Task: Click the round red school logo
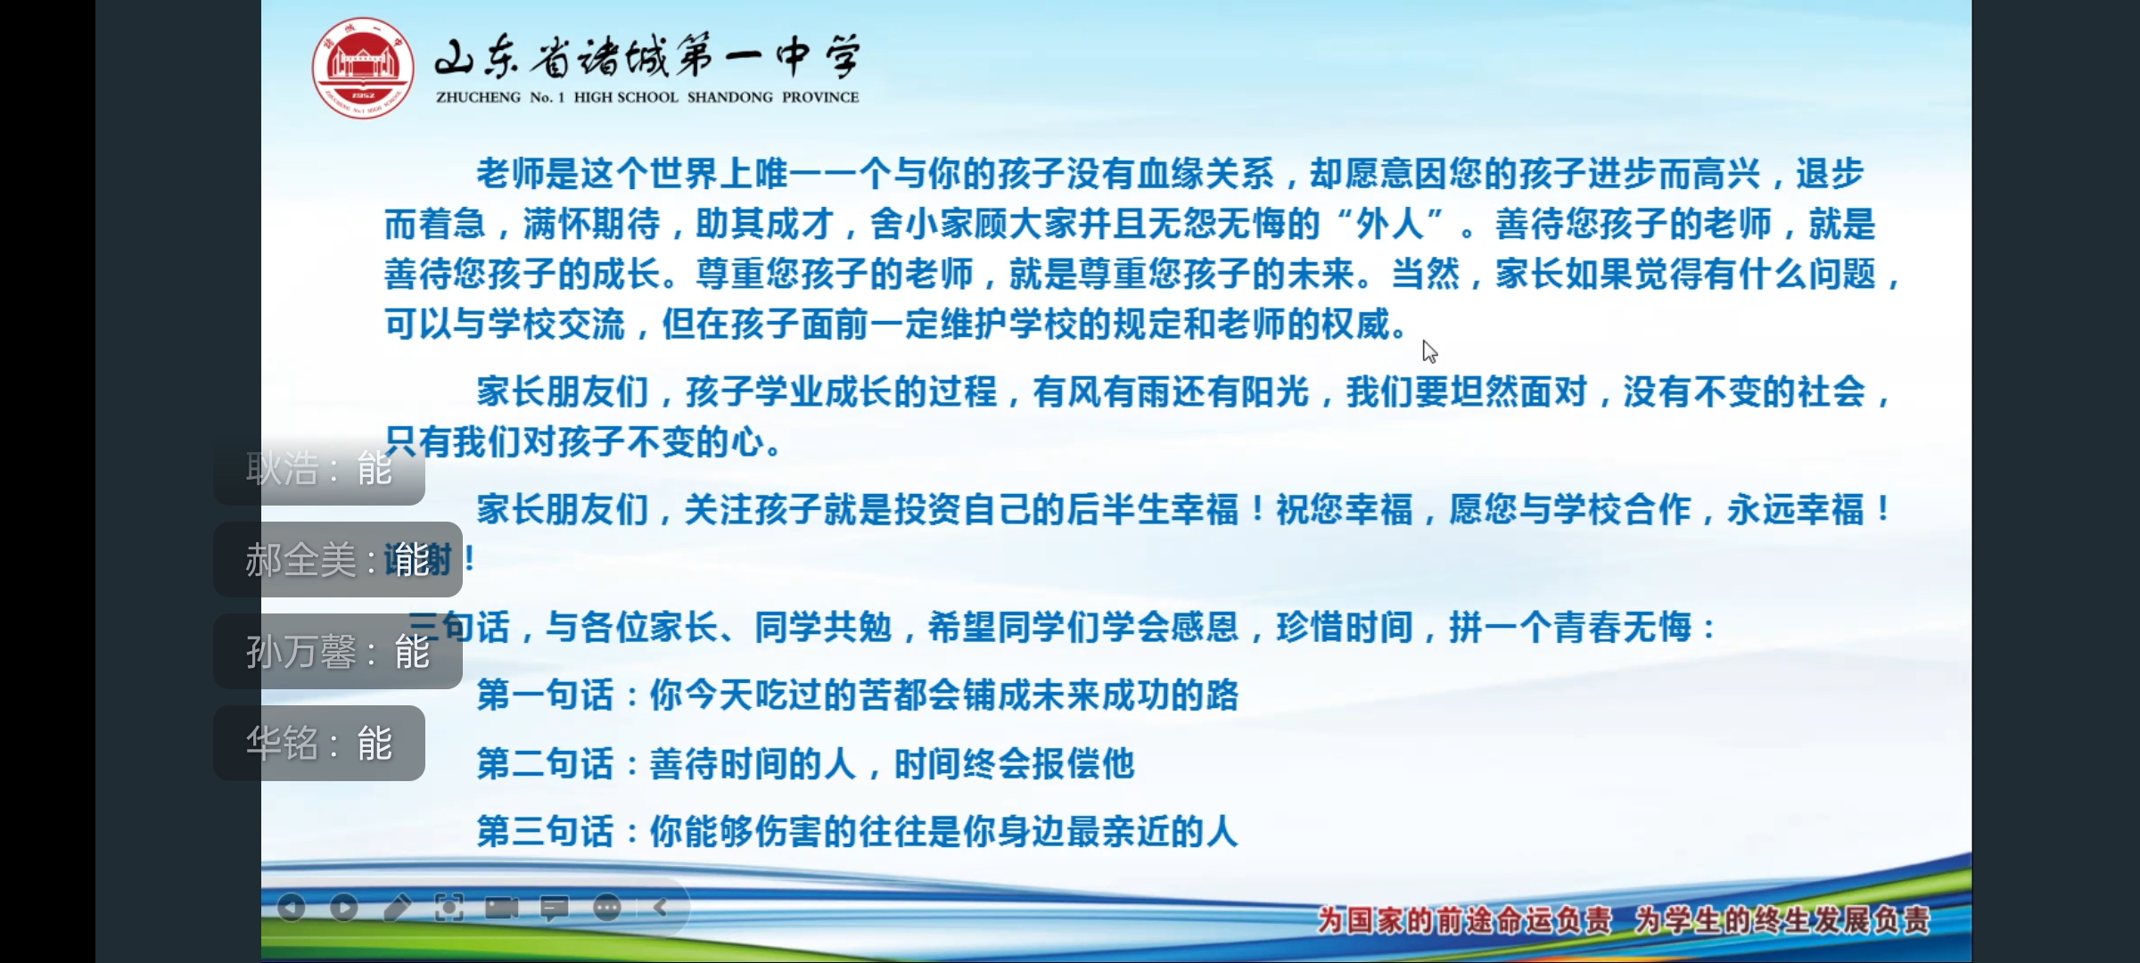pyautogui.click(x=363, y=68)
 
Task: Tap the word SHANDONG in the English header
pyautogui.click(x=729, y=97)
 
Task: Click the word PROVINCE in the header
pyautogui.click(x=820, y=97)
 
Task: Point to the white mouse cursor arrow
pyautogui.click(x=1428, y=351)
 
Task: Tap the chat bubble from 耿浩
pyautogui.click(x=319, y=469)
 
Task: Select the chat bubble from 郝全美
pyautogui.click(x=337, y=560)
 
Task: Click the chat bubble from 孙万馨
pyautogui.click(x=337, y=652)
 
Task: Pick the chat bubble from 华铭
pyautogui.click(x=319, y=744)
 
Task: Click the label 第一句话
pyautogui.click(x=546, y=695)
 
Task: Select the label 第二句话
pyautogui.click(x=546, y=763)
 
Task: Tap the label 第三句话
pyautogui.click(x=546, y=831)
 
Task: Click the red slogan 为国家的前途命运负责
pyautogui.click(x=1464, y=919)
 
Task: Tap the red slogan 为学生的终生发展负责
pyautogui.click(x=1782, y=919)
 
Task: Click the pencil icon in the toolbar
pyautogui.click(x=397, y=908)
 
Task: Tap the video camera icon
pyautogui.click(x=502, y=908)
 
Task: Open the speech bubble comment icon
pyautogui.click(x=555, y=908)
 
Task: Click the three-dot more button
pyautogui.click(x=607, y=908)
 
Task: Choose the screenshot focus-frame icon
pyautogui.click(x=449, y=908)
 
